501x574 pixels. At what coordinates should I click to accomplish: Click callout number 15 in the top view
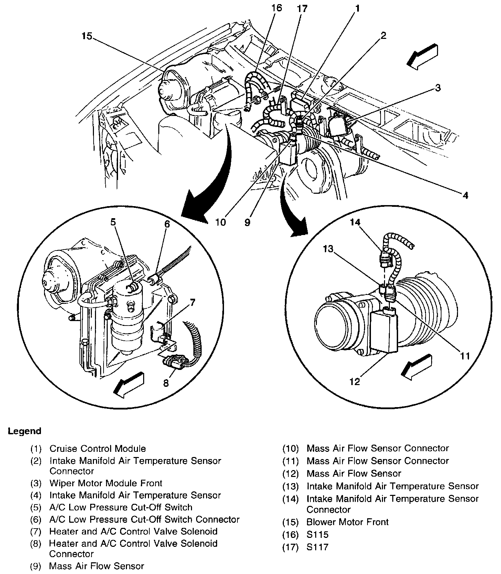[87, 36]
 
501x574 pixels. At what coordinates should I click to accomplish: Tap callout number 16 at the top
[276, 8]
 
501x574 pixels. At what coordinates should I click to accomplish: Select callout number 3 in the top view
[437, 88]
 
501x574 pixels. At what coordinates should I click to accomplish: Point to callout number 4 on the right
[465, 195]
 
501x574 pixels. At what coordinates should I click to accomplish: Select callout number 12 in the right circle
[355, 381]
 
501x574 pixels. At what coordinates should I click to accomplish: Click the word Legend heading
[24, 431]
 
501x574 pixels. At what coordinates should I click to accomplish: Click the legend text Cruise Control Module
[97, 449]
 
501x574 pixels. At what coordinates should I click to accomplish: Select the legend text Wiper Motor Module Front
[106, 483]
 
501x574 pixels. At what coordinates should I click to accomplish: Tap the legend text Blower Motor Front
[347, 522]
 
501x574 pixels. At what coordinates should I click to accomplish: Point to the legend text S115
[317, 535]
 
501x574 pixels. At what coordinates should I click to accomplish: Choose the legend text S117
[317, 547]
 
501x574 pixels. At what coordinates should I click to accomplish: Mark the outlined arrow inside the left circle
[129, 384]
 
